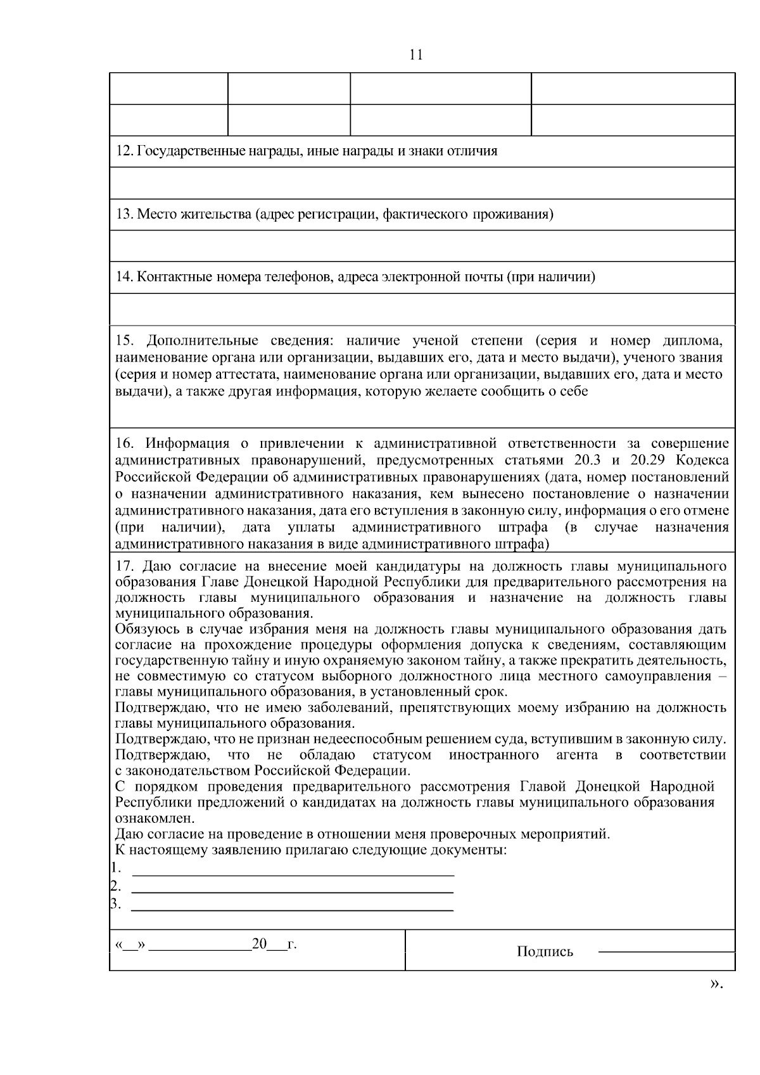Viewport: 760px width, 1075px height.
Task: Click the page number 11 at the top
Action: click(x=416, y=55)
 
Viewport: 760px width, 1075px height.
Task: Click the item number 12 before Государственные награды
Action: click(x=122, y=151)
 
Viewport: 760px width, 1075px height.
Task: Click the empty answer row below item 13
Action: click(x=422, y=246)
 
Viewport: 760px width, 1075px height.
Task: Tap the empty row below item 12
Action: click(x=422, y=183)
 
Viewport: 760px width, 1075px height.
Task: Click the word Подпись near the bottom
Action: click(x=545, y=951)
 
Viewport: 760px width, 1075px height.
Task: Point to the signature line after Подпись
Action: click(x=666, y=951)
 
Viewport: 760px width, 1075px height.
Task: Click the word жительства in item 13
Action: click(x=207, y=215)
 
